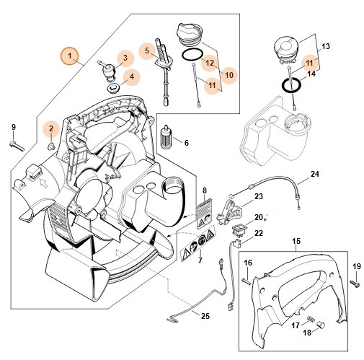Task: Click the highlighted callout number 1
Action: pos(70,55)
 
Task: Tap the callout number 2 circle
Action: pos(51,129)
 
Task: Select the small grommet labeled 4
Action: pos(115,87)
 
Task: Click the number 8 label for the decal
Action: pos(205,190)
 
